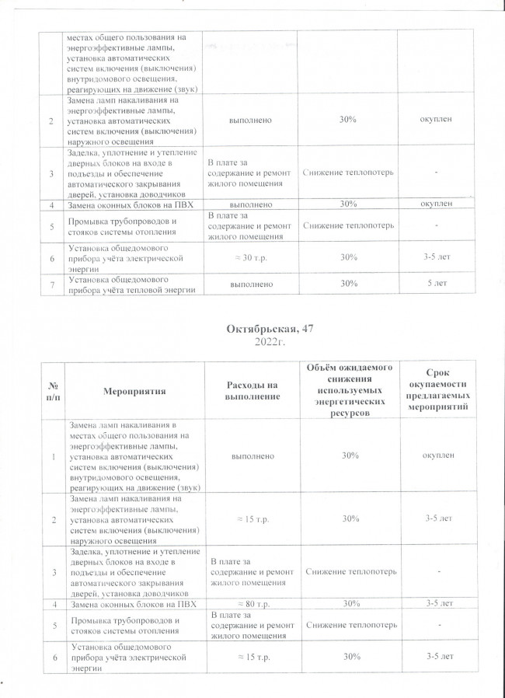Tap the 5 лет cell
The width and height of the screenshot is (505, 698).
pyautogui.click(x=436, y=284)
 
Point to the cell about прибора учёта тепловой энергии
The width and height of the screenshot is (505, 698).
pyautogui.click(x=130, y=284)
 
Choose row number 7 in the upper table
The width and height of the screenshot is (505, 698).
pyautogui.click(x=52, y=284)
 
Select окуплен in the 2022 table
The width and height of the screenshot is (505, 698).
pyautogui.click(x=436, y=455)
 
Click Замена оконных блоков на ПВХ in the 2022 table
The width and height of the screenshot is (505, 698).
pyautogui.click(x=121, y=603)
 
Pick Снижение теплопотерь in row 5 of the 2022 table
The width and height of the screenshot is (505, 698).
pyautogui.click(x=348, y=626)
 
